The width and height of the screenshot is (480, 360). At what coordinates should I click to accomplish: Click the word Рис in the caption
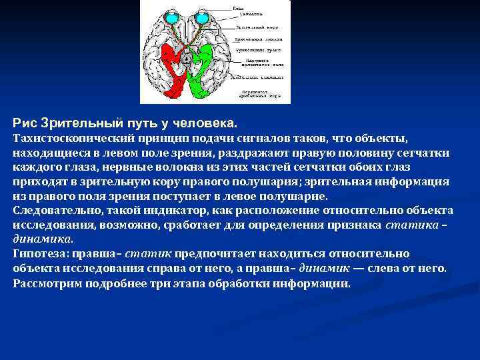point(25,124)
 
